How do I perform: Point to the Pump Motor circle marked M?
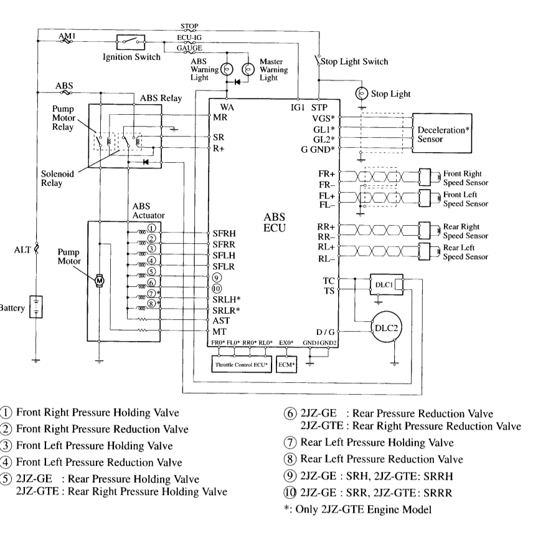tap(99, 281)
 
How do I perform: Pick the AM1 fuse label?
tap(66, 36)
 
